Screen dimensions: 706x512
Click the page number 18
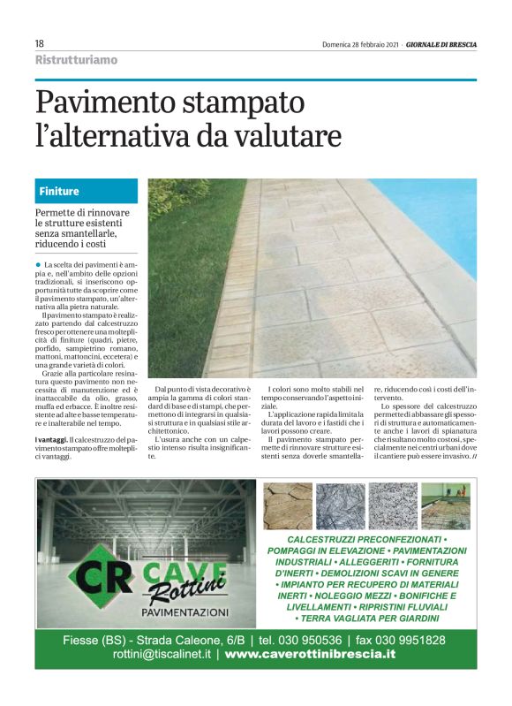point(40,43)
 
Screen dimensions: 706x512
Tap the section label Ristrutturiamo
point(76,60)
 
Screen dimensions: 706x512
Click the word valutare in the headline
point(285,137)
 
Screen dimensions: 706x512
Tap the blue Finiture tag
point(60,191)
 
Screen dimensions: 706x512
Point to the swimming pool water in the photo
point(441,212)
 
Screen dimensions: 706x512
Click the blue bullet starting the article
point(38,264)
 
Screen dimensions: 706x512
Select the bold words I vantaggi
point(51,440)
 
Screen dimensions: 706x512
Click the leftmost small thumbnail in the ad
point(288,505)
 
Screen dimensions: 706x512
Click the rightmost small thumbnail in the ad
point(446,505)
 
